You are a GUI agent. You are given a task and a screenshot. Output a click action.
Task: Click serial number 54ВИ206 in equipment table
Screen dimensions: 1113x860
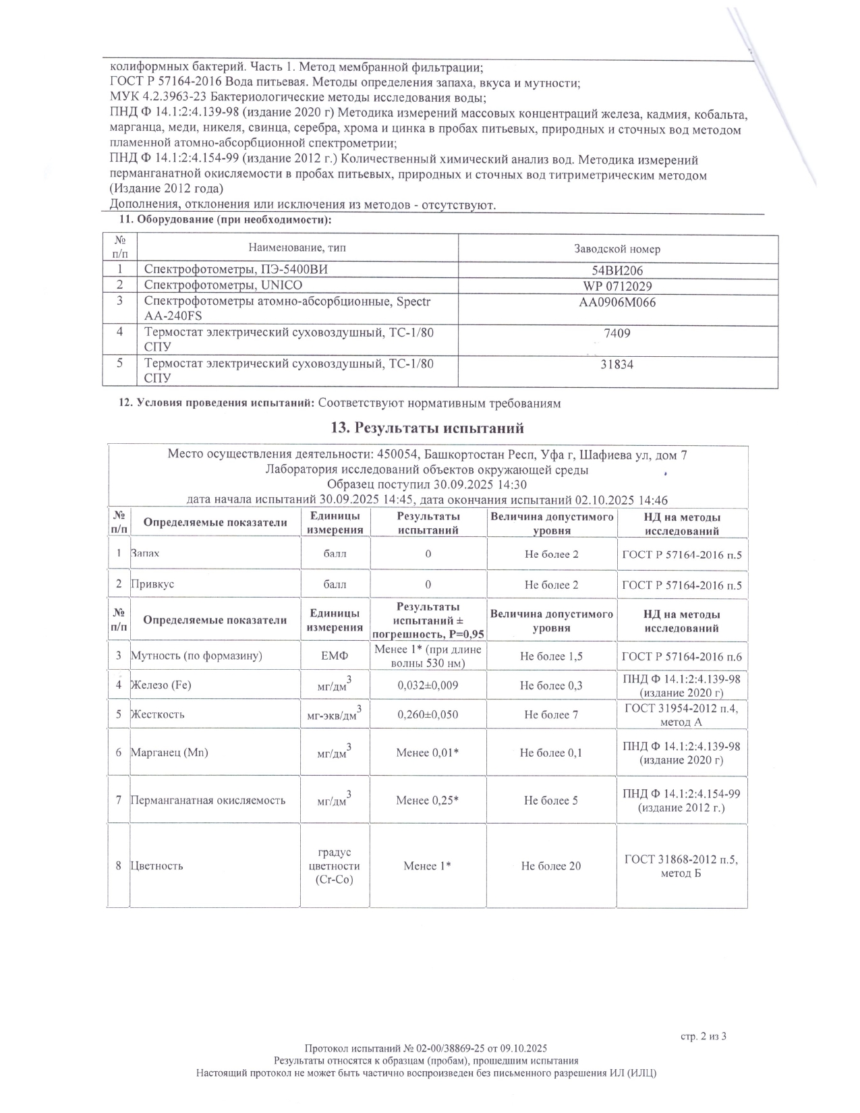point(617,270)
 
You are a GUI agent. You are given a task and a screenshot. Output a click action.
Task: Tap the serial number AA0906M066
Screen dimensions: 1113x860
point(617,302)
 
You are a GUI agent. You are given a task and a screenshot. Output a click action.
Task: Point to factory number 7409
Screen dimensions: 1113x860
point(618,333)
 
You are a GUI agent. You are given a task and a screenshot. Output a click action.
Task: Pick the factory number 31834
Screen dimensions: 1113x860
point(617,365)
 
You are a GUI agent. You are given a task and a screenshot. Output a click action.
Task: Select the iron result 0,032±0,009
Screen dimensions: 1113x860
point(428,685)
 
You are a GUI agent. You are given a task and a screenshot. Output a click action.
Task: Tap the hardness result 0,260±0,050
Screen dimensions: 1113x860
point(428,714)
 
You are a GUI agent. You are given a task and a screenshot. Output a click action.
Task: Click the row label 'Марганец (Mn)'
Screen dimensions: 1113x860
point(169,752)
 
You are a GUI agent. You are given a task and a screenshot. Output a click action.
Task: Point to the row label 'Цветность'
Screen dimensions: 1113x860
point(156,865)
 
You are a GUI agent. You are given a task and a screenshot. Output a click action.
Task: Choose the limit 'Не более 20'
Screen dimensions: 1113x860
point(550,865)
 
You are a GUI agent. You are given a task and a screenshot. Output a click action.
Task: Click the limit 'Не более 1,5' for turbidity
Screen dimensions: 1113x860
point(551,656)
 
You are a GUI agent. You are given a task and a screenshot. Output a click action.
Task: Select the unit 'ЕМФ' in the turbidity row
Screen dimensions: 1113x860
point(335,656)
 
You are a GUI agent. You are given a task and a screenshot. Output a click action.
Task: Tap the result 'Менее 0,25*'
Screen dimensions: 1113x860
point(428,801)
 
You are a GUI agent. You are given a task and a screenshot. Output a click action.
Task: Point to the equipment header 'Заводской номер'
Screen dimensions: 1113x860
point(617,249)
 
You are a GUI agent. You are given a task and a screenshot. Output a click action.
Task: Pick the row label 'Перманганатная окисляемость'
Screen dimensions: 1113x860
point(208,801)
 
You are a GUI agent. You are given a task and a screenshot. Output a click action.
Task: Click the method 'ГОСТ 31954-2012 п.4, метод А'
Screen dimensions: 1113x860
point(681,714)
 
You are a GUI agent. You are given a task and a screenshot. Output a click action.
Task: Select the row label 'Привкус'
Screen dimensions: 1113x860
point(152,584)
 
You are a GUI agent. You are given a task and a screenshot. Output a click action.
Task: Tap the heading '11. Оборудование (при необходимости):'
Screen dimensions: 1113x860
point(225,221)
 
